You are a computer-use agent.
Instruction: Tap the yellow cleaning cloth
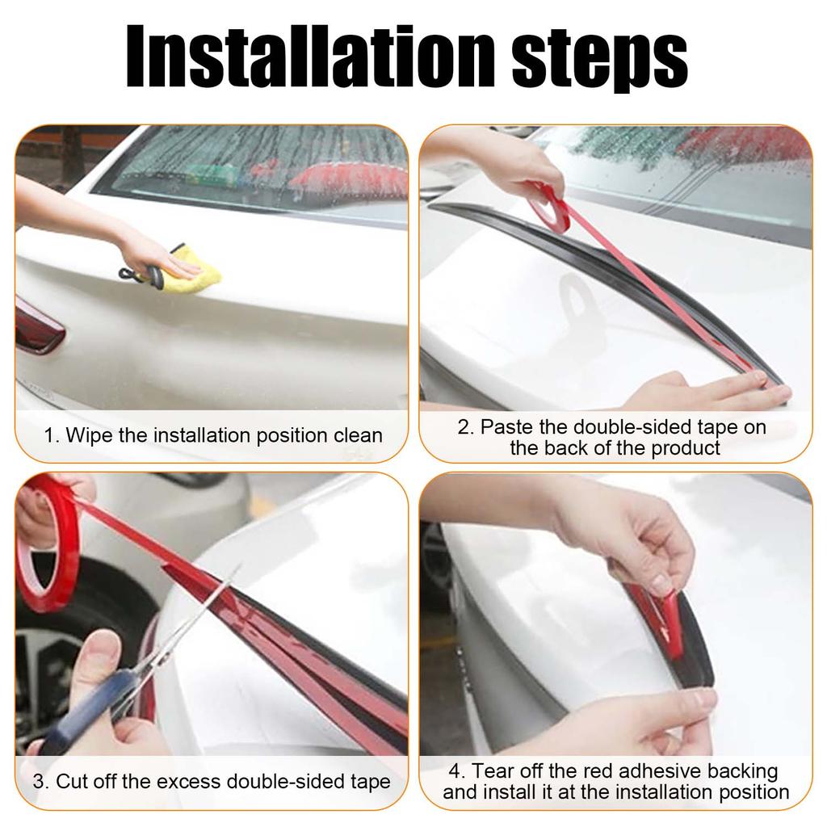pyautogui.click(x=194, y=267)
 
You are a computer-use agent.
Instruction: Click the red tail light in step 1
pyautogui.click(x=36, y=327)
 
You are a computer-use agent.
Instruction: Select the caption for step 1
pyautogui.click(x=212, y=436)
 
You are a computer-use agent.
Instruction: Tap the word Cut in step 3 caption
pyautogui.click(x=71, y=782)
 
